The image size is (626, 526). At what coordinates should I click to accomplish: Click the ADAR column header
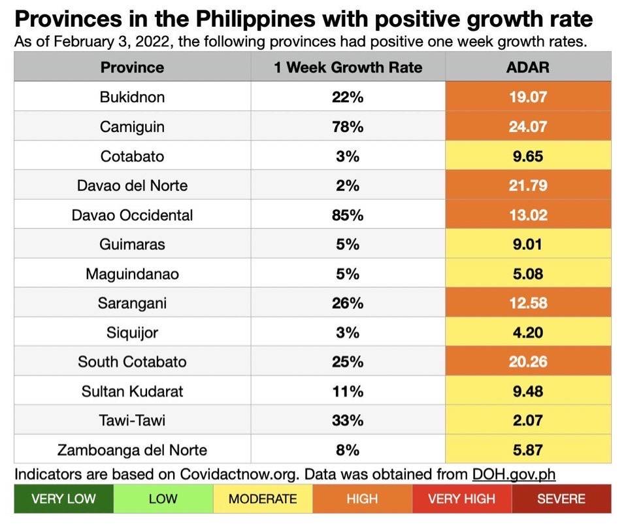(528, 67)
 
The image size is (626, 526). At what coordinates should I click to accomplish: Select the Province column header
(132, 67)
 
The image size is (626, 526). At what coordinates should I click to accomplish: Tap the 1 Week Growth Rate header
(348, 67)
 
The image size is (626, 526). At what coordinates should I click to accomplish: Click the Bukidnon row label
(132, 97)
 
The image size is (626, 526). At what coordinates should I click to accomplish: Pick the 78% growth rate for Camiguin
(348, 127)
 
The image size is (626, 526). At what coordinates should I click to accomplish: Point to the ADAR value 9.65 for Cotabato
(528, 156)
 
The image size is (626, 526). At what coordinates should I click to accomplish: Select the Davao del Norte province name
(132, 186)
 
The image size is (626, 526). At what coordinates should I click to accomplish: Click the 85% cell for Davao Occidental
(348, 215)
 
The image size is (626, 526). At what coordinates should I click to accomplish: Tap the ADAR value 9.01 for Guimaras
(528, 245)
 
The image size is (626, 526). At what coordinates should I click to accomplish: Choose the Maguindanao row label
(132, 274)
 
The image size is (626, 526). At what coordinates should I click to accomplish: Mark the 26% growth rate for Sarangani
(348, 304)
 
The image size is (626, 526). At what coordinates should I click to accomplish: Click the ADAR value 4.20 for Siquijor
(528, 333)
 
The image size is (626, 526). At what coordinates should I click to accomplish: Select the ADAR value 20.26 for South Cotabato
(528, 362)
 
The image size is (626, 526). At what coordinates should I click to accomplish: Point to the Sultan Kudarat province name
(132, 391)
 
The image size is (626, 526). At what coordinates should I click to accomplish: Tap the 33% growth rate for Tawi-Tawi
(348, 421)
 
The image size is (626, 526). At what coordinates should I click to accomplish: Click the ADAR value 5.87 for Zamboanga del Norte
(528, 450)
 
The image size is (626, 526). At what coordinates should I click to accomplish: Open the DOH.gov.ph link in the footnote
(514, 474)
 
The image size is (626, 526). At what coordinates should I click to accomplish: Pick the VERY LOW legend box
(63, 499)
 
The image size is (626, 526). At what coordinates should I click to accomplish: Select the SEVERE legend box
(561, 499)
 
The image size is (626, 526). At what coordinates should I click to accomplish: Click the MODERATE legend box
(263, 499)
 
